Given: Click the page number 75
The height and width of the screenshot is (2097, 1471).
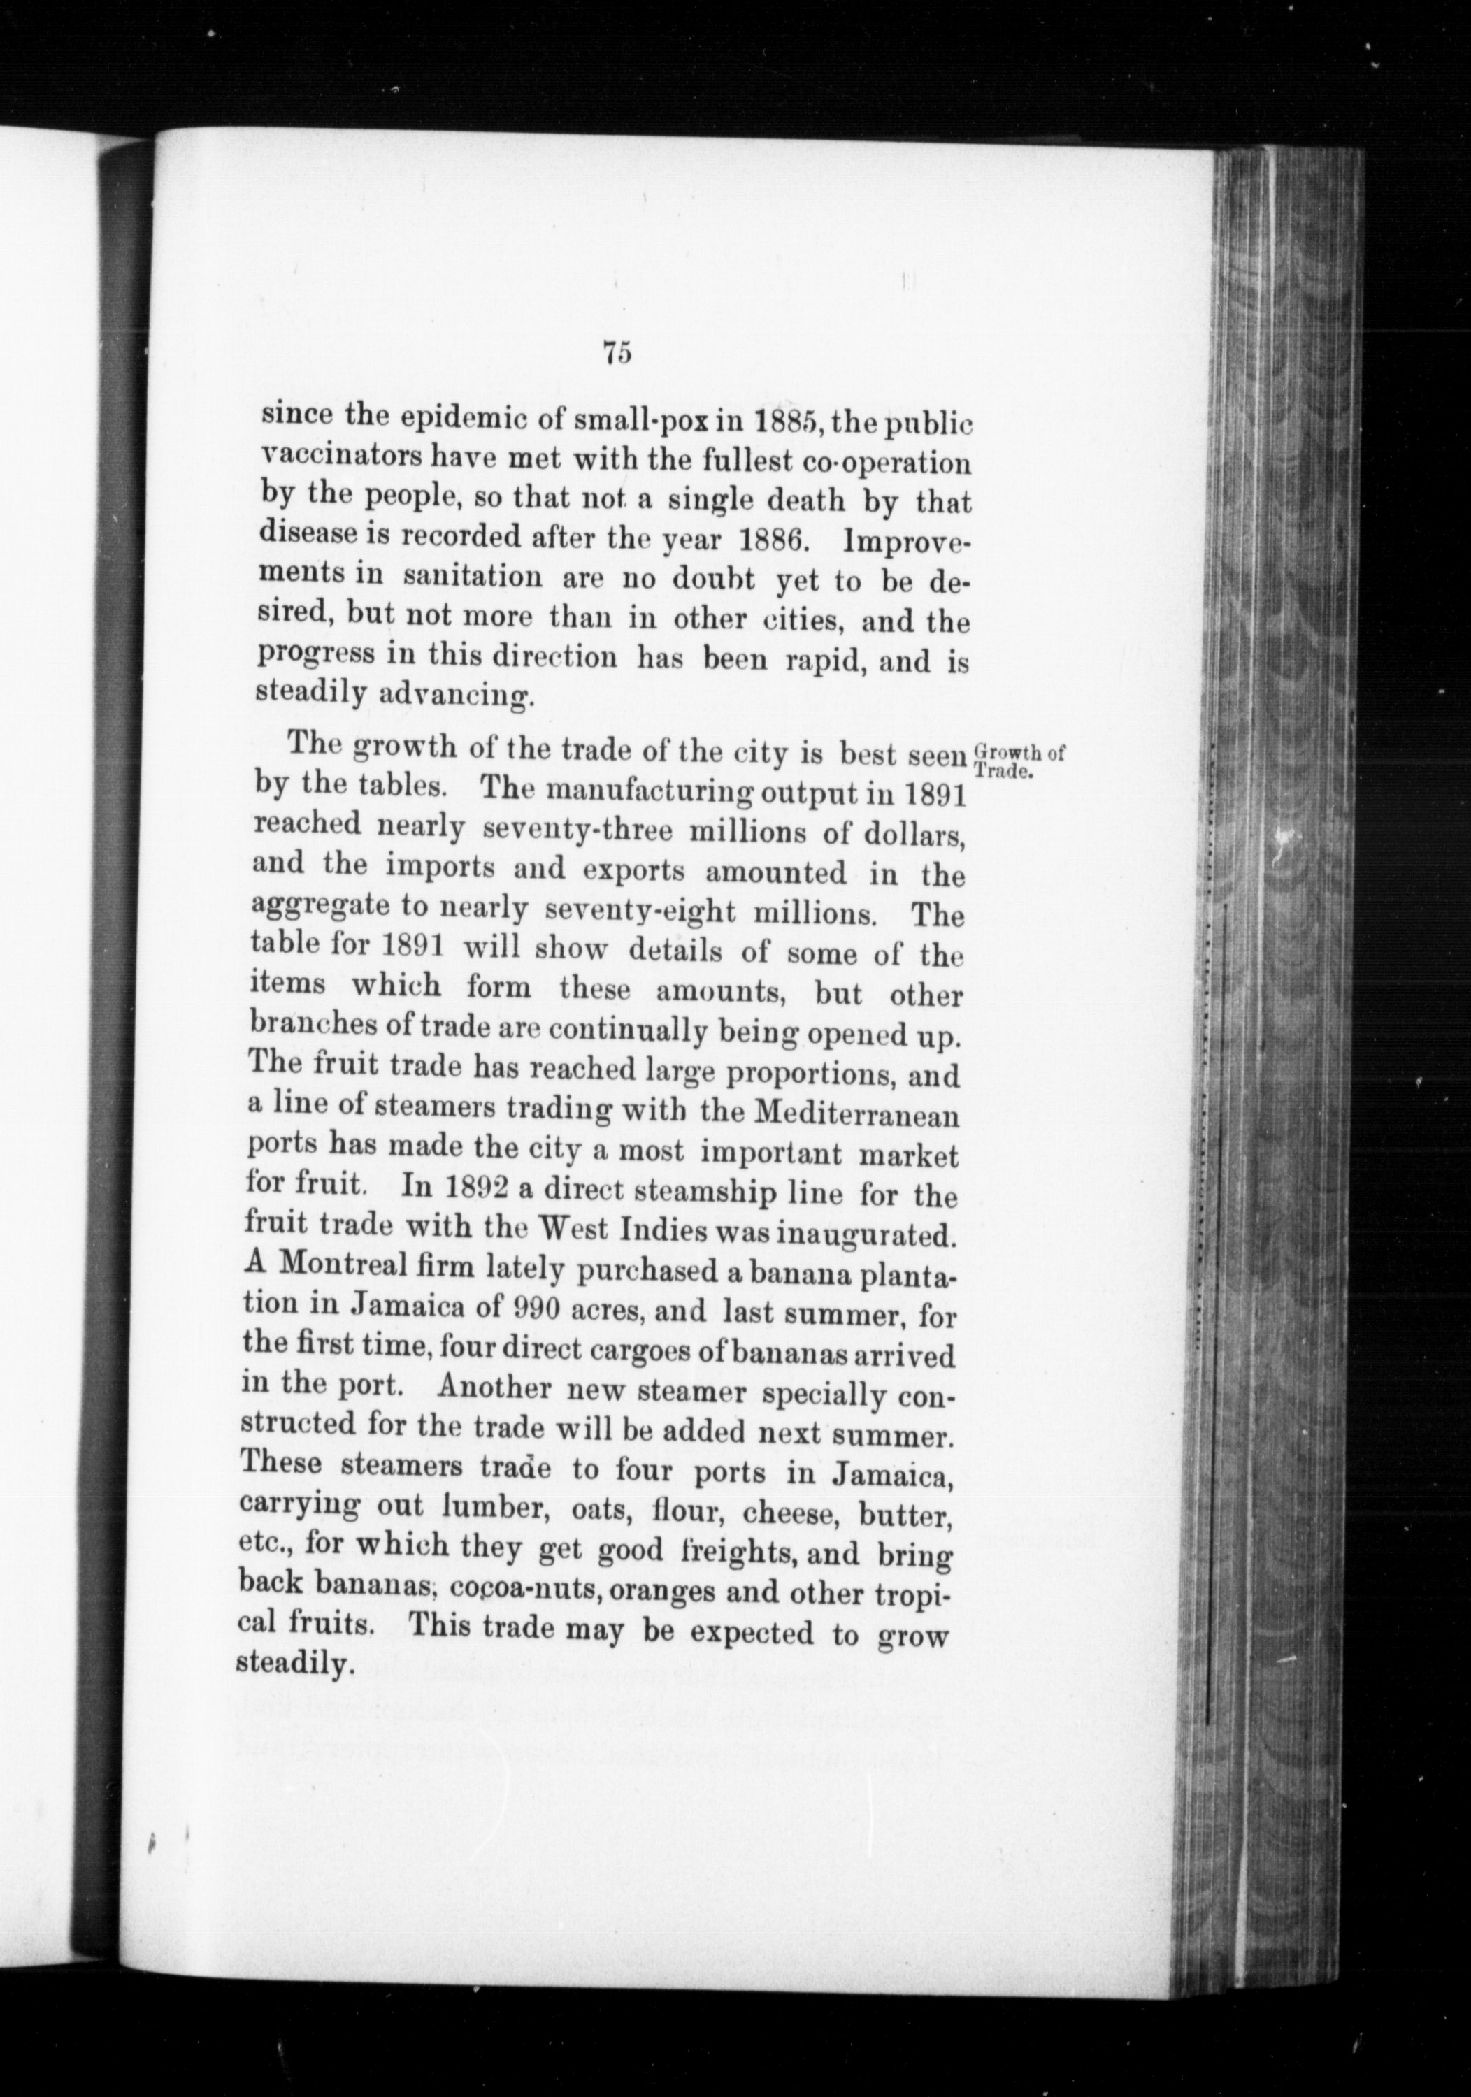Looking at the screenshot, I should pyautogui.click(x=617, y=354).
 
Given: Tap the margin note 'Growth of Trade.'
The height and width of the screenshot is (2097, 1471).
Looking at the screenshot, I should pyautogui.click(x=1018, y=760).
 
